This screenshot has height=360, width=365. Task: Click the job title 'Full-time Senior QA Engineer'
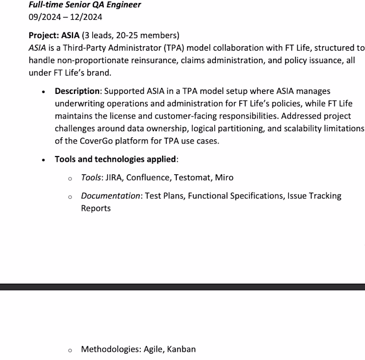[84, 5]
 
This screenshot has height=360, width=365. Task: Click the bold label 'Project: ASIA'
[54, 35]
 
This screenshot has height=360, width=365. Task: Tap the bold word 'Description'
[77, 91]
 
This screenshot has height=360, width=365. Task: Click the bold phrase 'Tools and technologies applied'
[115, 159]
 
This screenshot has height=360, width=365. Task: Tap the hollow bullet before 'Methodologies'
[70, 350]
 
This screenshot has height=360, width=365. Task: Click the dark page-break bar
[182, 287]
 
